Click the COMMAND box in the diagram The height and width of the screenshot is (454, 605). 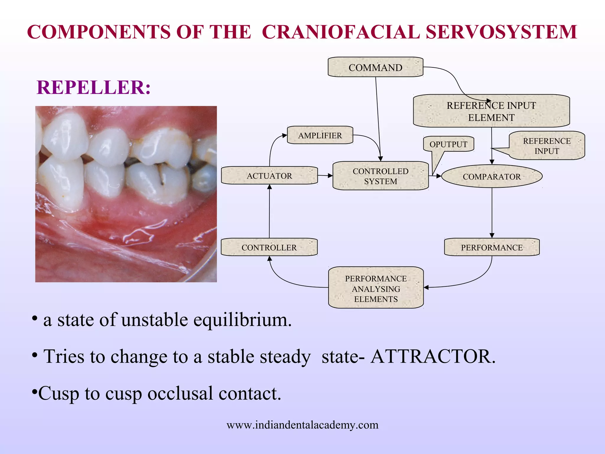(375, 67)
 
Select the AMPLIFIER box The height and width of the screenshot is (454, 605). (320, 135)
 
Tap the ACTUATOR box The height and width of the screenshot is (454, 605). (269, 176)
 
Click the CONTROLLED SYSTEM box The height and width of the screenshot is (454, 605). (380, 176)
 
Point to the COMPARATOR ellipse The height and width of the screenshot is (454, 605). (492, 176)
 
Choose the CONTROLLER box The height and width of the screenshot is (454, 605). (269, 247)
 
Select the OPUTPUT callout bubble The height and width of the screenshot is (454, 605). (448, 144)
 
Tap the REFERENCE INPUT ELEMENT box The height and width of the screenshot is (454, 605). (491, 111)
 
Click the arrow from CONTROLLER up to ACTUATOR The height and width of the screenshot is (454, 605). (269, 211)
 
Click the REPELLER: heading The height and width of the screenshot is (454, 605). (93, 87)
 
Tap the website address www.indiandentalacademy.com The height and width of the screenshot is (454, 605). (302, 425)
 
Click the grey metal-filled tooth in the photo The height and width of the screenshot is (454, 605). (204, 177)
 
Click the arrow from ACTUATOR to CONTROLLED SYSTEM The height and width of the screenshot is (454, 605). (325, 176)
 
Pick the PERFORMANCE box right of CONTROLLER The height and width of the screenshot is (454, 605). (492, 247)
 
